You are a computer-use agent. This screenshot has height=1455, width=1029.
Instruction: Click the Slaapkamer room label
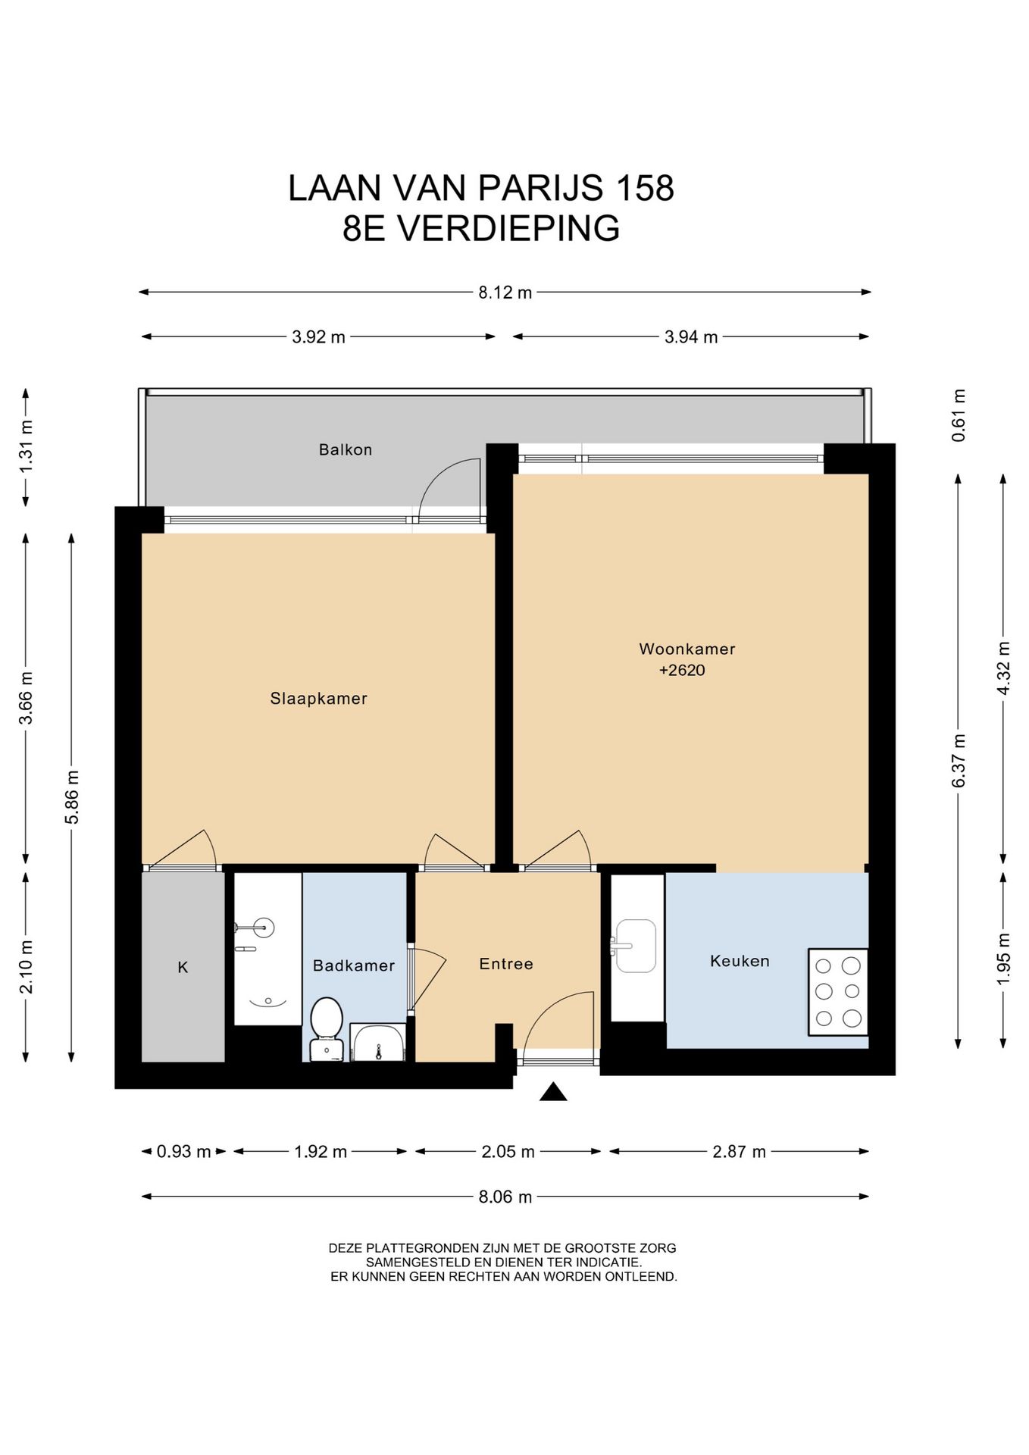pos(318,699)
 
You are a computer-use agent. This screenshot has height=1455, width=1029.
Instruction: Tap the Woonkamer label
pos(687,649)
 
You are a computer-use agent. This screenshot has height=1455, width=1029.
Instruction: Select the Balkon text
pos(346,450)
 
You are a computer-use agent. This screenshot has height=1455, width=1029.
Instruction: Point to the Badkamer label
pos(354,965)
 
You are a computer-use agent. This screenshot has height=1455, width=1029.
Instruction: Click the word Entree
pos(506,964)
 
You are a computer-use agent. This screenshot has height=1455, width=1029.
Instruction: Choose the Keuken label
pos(740,961)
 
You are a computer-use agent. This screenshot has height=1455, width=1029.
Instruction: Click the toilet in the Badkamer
pos(327,1028)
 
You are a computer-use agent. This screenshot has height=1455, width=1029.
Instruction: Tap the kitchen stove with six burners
pos(838,992)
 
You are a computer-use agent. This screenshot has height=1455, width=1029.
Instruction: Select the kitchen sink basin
pos(636,946)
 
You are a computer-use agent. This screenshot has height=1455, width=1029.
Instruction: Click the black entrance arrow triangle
pos(553,1092)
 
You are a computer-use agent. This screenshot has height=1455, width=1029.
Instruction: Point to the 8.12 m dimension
pos(505,293)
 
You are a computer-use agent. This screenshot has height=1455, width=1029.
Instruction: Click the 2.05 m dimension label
pos(508,1152)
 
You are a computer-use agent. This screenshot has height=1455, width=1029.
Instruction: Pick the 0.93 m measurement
pos(184,1152)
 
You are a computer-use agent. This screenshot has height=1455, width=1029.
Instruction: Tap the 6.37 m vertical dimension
pos(959,760)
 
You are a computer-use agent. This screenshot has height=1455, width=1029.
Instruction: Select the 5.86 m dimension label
pos(71,796)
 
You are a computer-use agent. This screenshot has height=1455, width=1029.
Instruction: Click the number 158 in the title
pos(645,188)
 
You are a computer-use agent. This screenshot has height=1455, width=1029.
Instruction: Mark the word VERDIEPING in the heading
pos(509,229)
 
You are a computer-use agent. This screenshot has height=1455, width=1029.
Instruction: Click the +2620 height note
pos(682,670)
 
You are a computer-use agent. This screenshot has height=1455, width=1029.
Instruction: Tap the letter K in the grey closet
pos(183,967)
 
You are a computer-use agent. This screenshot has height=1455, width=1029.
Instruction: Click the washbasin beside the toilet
pos(377,1043)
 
